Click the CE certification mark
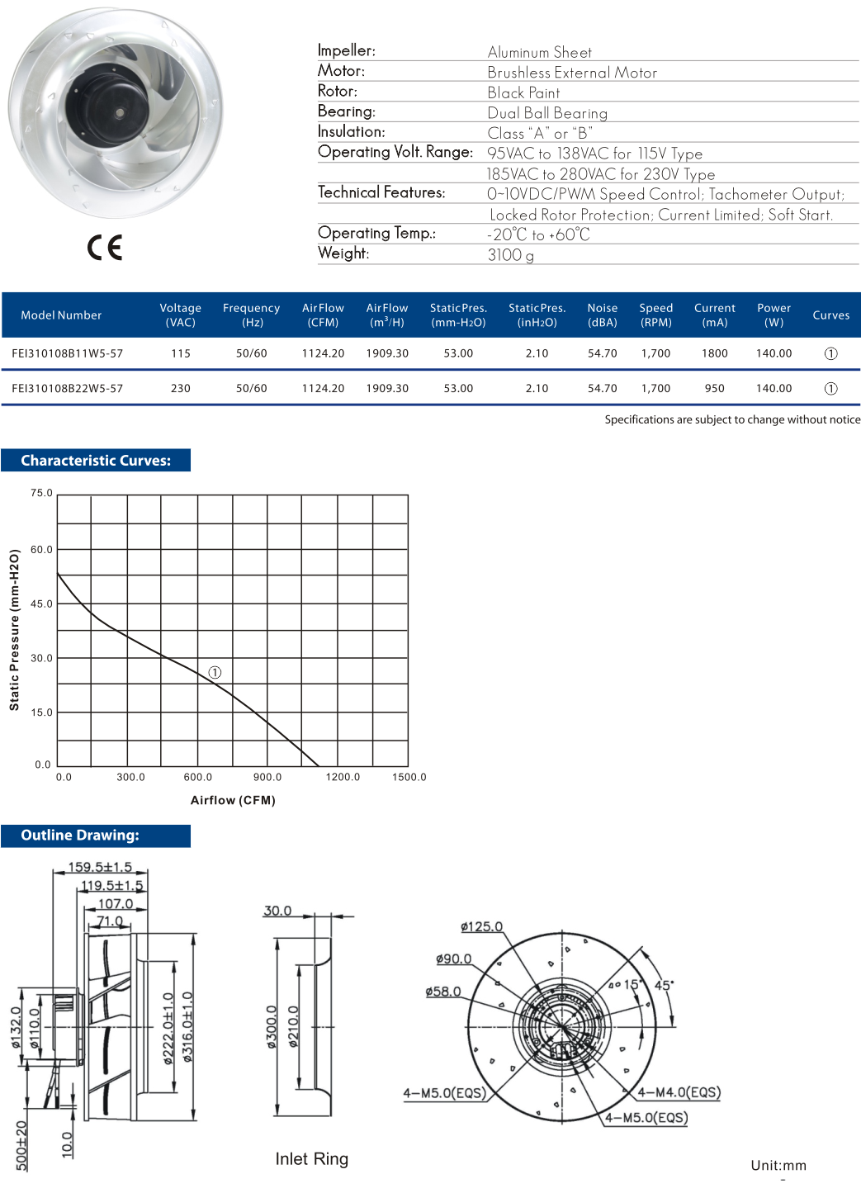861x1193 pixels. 105,247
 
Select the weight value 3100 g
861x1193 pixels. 510,255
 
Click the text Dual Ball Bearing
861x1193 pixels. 547,113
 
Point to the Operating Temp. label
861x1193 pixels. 376,234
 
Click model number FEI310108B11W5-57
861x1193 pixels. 68,353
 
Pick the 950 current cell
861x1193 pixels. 714,388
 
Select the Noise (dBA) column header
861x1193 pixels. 602,315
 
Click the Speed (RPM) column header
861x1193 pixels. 655,315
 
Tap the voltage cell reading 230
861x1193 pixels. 181,388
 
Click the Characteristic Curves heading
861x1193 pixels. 96,461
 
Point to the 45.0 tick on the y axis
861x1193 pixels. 41,604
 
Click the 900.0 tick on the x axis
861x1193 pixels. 267,777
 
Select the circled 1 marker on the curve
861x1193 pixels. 215,673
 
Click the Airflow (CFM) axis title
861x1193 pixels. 233,800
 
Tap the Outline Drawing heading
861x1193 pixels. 80,836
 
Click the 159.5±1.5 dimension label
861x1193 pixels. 100,867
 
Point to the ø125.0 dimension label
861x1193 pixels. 481,926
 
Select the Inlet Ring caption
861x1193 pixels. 312,1159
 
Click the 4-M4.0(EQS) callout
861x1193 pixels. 679,1092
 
